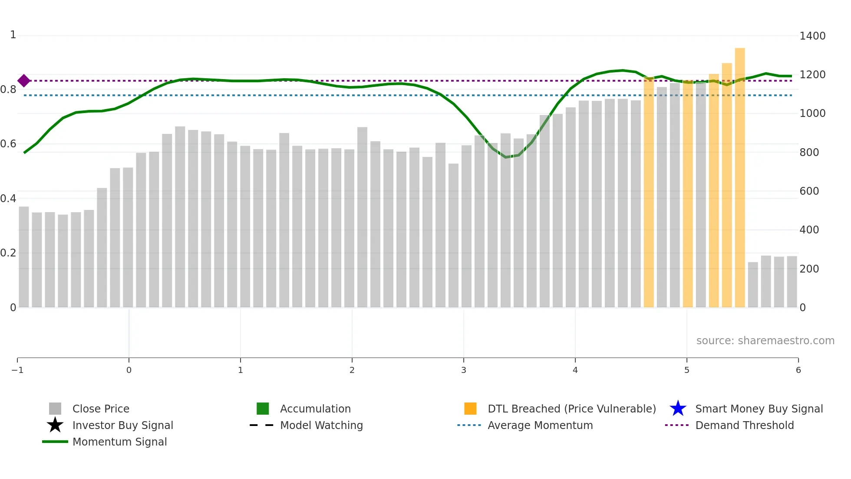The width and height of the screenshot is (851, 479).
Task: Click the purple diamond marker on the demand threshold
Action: tap(24, 80)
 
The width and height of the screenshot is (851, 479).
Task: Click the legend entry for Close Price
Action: tap(101, 409)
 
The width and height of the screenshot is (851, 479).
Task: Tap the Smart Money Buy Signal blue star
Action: tap(678, 409)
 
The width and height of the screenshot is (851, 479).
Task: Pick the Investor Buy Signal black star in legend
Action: tap(55, 425)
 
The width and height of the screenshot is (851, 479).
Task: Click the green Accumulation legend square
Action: tap(263, 409)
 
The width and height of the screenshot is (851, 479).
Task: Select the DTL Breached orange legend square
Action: tap(470, 409)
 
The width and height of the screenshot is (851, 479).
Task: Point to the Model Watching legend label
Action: tap(321, 425)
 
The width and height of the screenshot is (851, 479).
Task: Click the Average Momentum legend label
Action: tap(540, 425)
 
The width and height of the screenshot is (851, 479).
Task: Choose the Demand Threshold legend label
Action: tap(744, 425)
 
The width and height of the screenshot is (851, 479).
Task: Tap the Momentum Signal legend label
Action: tap(119, 442)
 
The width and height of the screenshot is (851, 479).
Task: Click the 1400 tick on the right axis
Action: tap(812, 36)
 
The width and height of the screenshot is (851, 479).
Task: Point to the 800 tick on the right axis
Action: tap(809, 152)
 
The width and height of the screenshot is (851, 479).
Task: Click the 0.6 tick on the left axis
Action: tap(8, 143)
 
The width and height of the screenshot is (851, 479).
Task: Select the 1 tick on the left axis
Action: tap(13, 35)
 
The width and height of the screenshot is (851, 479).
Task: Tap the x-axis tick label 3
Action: tap(464, 370)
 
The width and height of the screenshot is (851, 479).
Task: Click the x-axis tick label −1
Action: tap(17, 370)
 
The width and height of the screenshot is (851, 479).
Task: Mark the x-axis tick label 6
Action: tap(798, 370)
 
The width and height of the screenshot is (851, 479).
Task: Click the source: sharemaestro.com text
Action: tap(765, 340)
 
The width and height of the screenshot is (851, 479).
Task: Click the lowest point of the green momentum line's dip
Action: tap(505, 157)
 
